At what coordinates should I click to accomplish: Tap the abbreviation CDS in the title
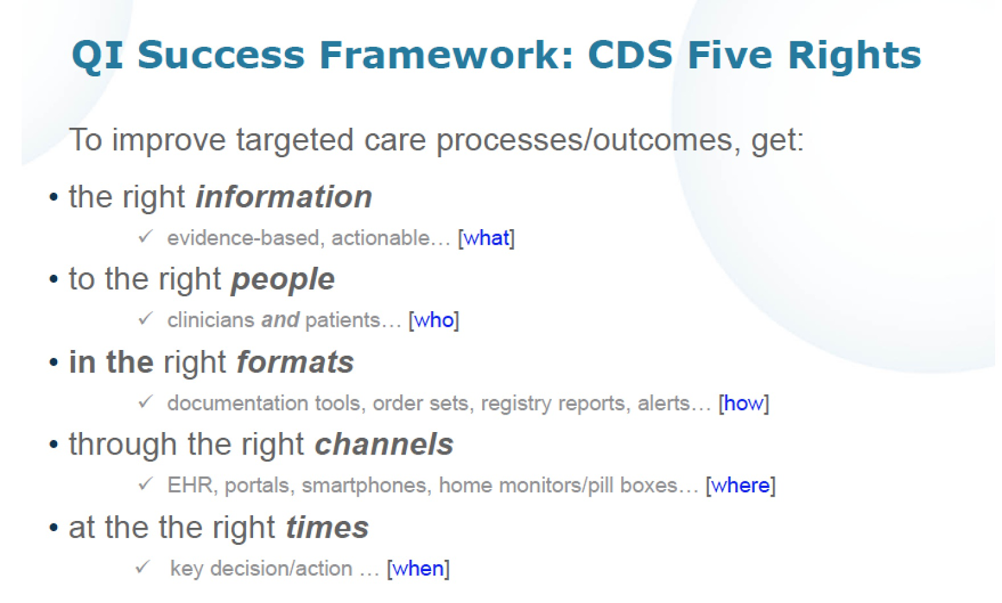coord(630,55)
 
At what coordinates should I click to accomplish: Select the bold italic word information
coord(284,197)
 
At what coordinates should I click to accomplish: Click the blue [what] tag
coord(486,238)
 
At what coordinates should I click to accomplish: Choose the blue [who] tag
coord(434,321)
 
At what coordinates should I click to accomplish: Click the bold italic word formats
coord(295,362)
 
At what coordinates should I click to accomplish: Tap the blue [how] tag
coord(744,403)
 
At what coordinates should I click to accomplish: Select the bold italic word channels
coord(385,445)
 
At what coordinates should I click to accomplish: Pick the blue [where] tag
coord(741,486)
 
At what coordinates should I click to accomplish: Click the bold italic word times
coord(328,527)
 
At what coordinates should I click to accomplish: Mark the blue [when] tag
coord(418,569)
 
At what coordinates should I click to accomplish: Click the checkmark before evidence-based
coord(146,235)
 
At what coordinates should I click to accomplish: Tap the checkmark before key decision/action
coord(143,567)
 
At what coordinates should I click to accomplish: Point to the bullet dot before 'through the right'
coord(54,445)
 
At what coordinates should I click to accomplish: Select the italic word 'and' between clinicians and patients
coord(280,321)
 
